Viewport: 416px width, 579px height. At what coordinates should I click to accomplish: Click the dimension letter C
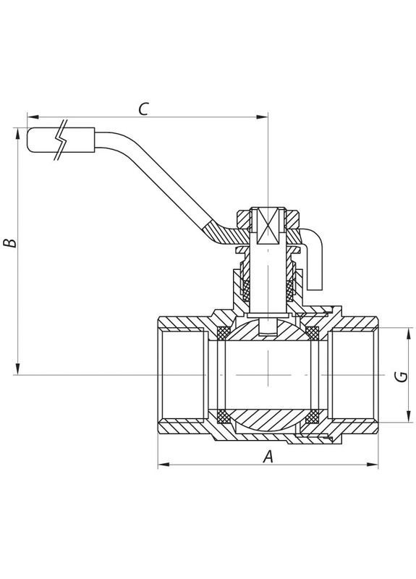(143, 109)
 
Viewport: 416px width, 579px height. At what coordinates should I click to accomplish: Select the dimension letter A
(268, 457)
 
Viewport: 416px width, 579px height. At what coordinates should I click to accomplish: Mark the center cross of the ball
(268, 375)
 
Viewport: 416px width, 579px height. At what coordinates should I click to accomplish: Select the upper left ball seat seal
(224, 333)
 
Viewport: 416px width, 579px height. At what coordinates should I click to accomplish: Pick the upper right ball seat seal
(313, 333)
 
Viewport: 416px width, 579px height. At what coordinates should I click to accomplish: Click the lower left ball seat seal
(224, 417)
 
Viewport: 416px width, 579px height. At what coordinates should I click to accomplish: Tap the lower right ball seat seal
(313, 417)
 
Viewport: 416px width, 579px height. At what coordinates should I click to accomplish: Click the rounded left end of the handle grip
(30, 140)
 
